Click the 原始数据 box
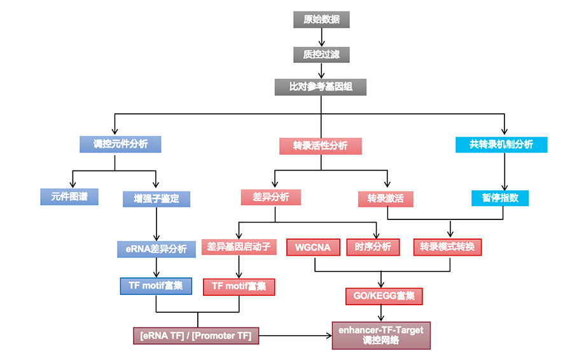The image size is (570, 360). click(321, 20)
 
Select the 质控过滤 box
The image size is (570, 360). click(321, 55)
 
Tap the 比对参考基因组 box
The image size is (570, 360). click(321, 87)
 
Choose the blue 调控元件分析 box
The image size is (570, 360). click(120, 144)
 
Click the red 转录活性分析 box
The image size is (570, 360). click(320, 146)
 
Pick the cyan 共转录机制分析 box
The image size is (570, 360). click(501, 144)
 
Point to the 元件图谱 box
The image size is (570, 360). click(70, 197)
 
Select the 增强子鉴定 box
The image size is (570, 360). click(156, 198)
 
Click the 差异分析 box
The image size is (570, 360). click(271, 197)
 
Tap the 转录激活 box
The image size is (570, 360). click(385, 198)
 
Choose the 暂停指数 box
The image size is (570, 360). click(500, 198)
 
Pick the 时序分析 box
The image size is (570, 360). click(373, 247)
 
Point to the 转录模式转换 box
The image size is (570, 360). click(448, 247)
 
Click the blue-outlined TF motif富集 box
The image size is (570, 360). click(156, 286)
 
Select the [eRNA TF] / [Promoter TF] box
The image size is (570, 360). click(195, 335)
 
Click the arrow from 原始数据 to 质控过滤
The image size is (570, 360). click(321, 38)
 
